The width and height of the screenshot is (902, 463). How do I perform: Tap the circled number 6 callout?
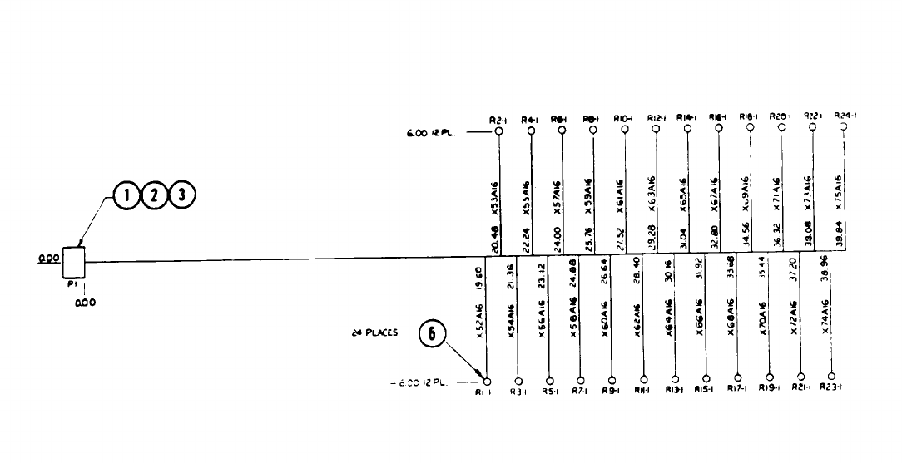pos(432,334)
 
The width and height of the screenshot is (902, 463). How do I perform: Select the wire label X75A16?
pos(839,192)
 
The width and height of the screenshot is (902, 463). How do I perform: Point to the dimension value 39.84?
pos(839,239)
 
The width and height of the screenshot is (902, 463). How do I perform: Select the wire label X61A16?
pos(620,197)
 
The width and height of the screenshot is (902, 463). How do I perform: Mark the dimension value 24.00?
pos(557,241)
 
